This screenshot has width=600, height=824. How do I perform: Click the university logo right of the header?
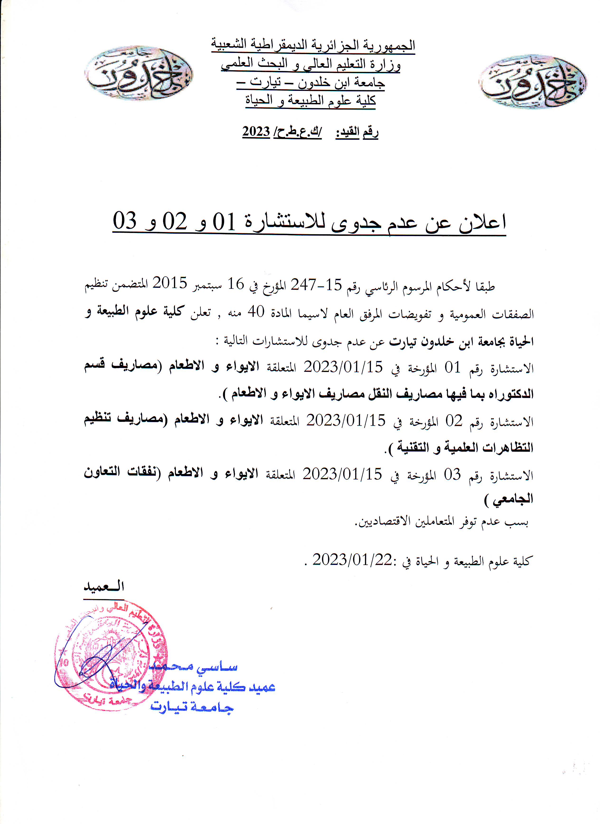[532, 82]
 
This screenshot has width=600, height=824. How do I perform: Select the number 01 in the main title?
[224, 221]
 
